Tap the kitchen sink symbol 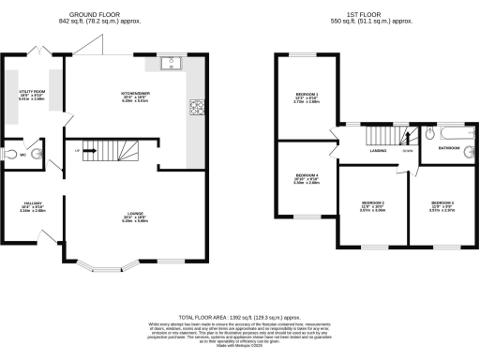coord(171,65)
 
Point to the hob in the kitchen coord(198,109)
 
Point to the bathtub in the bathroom coord(449,131)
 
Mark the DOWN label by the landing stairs coord(407,148)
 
